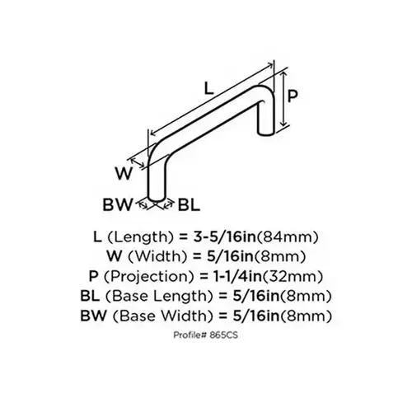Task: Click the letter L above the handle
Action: click(209, 88)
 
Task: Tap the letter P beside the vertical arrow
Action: click(293, 96)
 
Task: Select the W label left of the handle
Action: click(124, 173)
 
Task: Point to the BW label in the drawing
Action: click(117, 204)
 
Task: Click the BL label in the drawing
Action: click(190, 204)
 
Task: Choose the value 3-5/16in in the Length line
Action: click(224, 236)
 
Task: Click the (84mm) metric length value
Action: click(288, 236)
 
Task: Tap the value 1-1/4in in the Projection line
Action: click(235, 276)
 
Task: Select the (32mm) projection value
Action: click(292, 276)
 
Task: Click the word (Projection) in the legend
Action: click(149, 277)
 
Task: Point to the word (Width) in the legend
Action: click(157, 257)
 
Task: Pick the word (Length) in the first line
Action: click(141, 237)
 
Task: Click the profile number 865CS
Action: click(223, 335)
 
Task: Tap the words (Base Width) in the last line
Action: click(163, 316)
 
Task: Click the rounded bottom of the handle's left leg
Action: click(157, 199)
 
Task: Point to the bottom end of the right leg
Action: click(266, 133)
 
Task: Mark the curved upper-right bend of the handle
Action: click(265, 91)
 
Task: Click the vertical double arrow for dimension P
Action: click(284, 98)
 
